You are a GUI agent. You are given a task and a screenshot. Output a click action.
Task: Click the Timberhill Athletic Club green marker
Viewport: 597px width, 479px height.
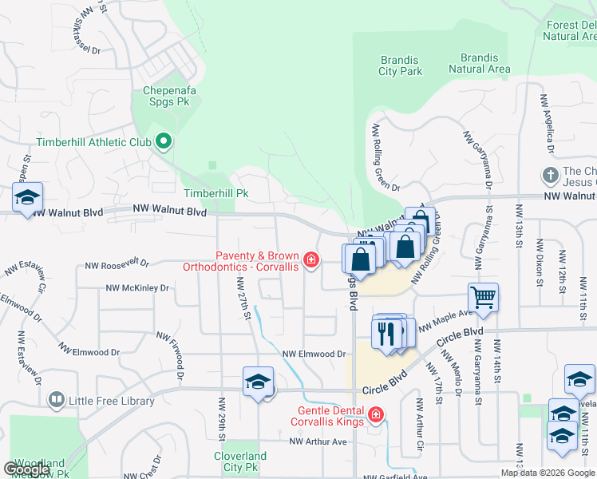click(x=164, y=143)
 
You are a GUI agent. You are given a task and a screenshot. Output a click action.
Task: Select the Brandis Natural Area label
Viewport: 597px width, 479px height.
click(x=479, y=64)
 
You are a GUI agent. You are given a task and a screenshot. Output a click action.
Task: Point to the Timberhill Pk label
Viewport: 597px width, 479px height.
click(x=216, y=193)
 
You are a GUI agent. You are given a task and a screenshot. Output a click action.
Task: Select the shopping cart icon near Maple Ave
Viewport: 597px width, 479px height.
click(x=483, y=299)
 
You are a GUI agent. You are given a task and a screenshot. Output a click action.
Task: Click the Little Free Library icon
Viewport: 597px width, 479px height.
click(x=56, y=399)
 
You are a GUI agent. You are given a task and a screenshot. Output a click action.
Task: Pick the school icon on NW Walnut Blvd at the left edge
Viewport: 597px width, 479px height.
click(x=27, y=199)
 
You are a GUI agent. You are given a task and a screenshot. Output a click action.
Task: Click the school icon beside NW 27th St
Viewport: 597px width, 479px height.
click(x=258, y=383)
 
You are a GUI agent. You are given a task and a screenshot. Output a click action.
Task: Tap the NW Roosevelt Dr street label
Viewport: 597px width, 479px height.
click(x=120, y=263)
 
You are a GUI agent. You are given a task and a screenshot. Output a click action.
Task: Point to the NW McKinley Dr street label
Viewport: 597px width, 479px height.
click(x=137, y=288)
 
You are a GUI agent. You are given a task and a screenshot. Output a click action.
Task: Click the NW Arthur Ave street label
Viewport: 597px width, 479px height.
click(x=318, y=441)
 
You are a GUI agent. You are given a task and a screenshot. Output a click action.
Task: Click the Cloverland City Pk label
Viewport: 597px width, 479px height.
click(x=239, y=463)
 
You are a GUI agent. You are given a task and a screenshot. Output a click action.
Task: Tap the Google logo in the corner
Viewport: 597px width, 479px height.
click(x=27, y=469)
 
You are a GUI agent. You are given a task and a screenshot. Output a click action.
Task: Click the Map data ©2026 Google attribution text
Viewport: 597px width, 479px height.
click(x=547, y=473)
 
